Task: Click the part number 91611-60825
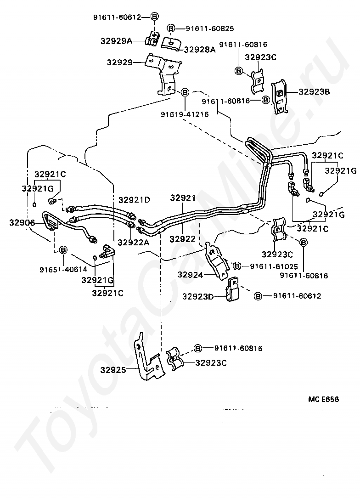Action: click(210, 28)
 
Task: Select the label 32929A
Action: click(116, 41)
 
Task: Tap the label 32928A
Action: click(200, 49)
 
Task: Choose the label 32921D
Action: click(134, 200)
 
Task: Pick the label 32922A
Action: click(134, 242)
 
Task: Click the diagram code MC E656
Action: click(323, 399)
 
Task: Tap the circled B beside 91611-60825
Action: click(171, 28)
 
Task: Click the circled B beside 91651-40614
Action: click(63, 249)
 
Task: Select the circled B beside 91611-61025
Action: click(237, 266)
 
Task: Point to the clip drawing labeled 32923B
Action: click(279, 97)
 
